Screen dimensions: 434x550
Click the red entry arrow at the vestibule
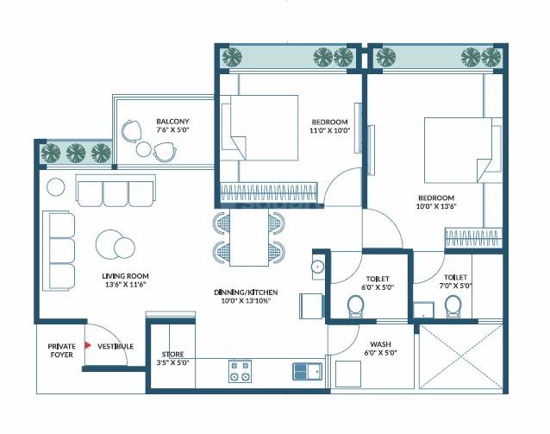point(86,346)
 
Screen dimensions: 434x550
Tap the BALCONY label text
point(172,122)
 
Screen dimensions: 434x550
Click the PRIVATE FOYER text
point(61,350)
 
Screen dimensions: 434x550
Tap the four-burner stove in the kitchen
point(239,371)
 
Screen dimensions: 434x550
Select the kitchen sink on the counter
point(308,371)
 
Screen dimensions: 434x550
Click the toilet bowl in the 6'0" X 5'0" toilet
point(353,305)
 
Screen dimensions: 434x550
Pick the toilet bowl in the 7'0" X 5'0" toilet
point(452,305)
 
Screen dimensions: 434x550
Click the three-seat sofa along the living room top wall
point(116,191)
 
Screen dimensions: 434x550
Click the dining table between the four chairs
point(249,239)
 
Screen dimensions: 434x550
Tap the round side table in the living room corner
point(56,186)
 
